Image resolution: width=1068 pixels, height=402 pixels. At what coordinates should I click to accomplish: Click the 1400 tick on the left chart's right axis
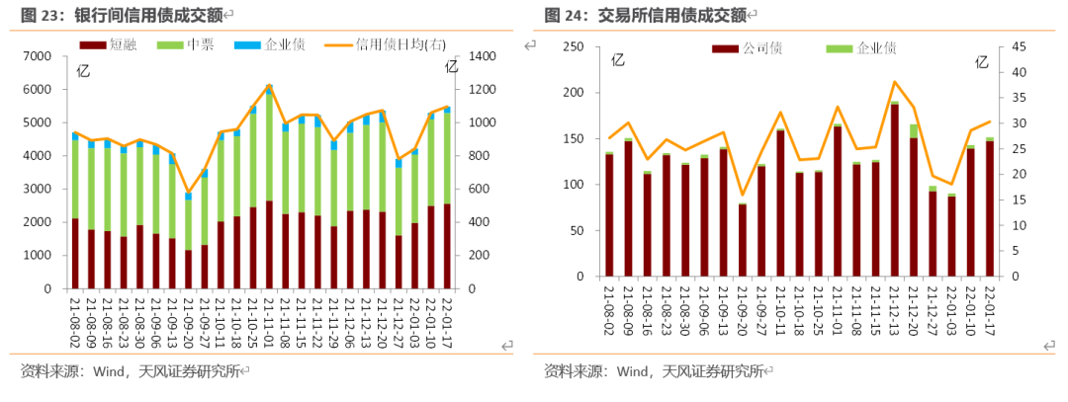481,56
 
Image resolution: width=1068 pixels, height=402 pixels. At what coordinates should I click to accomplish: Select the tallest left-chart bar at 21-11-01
269,188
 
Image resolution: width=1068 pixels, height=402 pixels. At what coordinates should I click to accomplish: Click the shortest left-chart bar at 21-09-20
188,242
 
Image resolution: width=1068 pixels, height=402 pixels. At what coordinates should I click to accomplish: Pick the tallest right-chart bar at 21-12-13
894,188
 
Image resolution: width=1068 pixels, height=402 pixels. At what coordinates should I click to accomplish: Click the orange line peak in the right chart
894,82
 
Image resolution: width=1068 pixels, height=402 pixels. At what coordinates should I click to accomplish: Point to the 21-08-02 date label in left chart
76,316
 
